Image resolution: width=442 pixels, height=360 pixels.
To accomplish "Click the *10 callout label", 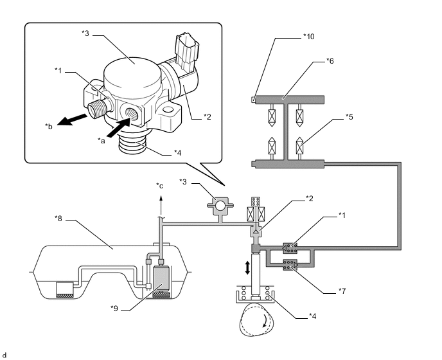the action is click(308, 37).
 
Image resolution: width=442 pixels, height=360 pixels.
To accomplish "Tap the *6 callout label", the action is click(330, 60).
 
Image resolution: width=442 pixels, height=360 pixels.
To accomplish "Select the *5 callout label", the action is click(349, 117).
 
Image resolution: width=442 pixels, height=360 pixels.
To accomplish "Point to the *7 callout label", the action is click(342, 291).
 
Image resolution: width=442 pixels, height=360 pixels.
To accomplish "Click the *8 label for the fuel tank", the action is click(58, 219).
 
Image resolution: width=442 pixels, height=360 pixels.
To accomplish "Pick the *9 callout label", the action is click(114, 309).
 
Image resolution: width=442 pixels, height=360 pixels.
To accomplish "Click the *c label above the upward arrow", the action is click(160, 186).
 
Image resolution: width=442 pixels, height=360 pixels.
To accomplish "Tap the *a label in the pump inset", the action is click(102, 140).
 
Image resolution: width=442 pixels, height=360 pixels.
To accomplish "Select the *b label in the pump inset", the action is click(49, 126).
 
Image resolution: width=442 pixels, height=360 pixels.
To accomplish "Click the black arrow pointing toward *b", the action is click(73, 120).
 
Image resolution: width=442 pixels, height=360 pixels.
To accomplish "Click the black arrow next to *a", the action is click(119, 128).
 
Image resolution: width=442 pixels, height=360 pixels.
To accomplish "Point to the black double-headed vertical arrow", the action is click(247, 267).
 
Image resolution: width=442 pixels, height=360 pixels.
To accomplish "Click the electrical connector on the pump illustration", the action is click(187, 52).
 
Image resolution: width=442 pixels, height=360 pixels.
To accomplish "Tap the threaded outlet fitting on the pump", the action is click(96, 109).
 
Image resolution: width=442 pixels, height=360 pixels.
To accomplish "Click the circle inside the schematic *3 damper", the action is click(220, 205).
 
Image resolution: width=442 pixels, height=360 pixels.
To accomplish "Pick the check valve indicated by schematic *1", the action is click(290, 248).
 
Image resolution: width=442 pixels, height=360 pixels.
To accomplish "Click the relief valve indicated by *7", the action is click(290, 265).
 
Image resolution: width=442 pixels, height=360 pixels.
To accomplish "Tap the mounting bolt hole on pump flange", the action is click(168, 109).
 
